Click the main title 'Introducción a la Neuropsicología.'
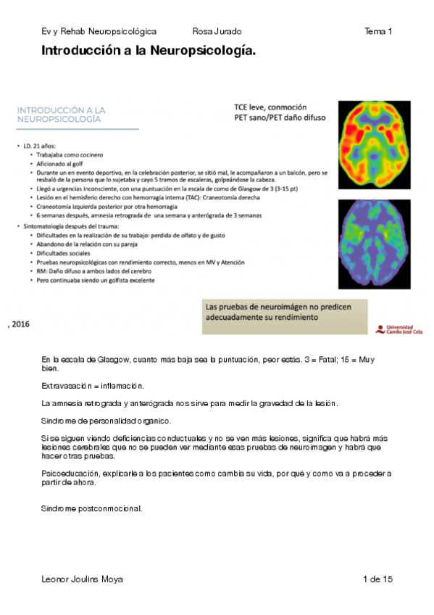[x=149, y=51]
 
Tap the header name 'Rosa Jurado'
[x=217, y=31]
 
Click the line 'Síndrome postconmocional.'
[x=91, y=508]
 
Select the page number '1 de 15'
[x=377, y=579]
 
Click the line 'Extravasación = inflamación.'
[x=93, y=384]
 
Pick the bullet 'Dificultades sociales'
[x=62, y=254]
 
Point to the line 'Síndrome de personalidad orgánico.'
[x=107, y=421]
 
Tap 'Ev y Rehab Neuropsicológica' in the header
[x=99, y=31]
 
